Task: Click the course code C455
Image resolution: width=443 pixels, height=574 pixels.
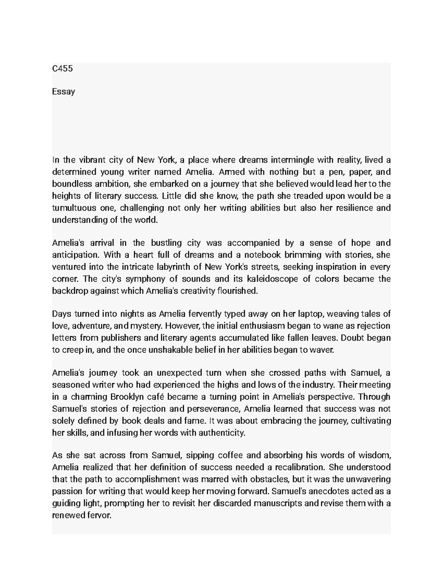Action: click(62, 68)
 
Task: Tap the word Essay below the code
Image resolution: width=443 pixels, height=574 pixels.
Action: click(63, 91)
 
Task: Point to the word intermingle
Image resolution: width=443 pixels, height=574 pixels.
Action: click(292, 160)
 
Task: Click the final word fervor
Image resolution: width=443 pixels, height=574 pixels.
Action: click(99, 515)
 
